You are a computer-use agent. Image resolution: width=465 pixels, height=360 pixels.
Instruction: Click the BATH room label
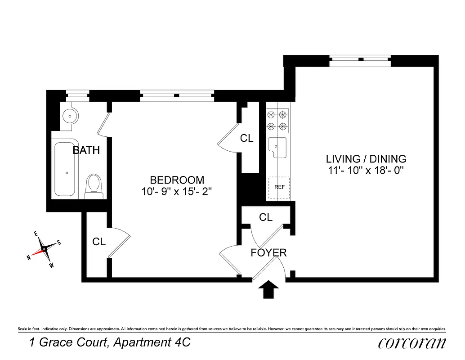pyautogui.click(x=86, y=150)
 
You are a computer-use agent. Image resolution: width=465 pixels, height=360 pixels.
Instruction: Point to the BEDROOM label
pyautogui.click(x=177, y=180)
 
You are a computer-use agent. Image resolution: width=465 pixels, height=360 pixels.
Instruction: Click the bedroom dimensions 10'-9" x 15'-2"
pyautogui.click(x=177, y=191)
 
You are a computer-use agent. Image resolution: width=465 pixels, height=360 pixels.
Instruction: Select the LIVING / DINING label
pyautogui.click(x=366, y=159)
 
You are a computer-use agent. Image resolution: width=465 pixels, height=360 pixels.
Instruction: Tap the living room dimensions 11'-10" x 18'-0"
pyautogui.click(x=366, y=170)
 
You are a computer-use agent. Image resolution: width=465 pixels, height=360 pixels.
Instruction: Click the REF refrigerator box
pyautogui.click(x=279, y=187)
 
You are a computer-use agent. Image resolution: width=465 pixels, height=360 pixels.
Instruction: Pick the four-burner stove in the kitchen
pyautogui.click(x=277, y=120)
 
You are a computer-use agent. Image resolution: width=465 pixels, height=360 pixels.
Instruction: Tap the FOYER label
pyautogui.click(x=268, y=253)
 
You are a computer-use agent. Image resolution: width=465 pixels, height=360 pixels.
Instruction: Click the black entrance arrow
pyautogui.click(x=268, y=289)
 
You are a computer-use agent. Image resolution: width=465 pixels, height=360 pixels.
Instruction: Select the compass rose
pyautogui.click(x=44, y=249)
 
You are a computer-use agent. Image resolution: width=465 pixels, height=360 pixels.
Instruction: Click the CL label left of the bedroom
pyautogui.click(x=99, y=242)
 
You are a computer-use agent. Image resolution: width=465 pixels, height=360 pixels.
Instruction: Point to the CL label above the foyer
pyautogui.click(x=266, y=217)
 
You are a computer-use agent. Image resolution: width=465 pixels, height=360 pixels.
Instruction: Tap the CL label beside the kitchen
pyautogui.click(x=246, y=139)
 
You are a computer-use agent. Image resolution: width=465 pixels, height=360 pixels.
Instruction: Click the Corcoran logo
pyautogui.click(x=412, y=343)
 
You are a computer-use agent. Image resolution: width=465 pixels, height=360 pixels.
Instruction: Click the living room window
pyautogui.click(x=360, y=60)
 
